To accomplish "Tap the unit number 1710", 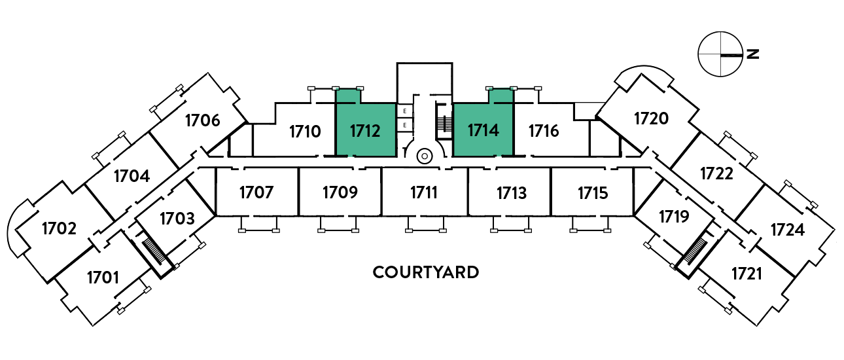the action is point(305,132).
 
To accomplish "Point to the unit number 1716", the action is point(543,131).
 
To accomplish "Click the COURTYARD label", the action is point(426,272).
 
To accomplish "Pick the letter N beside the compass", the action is point(753,54).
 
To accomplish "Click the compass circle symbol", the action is point(720,54).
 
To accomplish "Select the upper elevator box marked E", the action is point(405,111).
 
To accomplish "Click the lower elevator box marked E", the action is point(405,125).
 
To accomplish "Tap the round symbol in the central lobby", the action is point(425,156).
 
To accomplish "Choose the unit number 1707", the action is point(256,192).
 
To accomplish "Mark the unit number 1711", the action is point(424,192).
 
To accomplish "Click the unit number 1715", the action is point(593,193).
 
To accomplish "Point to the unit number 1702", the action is point(59,228).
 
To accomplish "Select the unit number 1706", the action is point(203,120).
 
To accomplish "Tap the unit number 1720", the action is point(652,118).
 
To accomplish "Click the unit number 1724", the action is point(788,230).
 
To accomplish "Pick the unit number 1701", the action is point(103,278).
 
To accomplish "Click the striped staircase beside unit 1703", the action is point(154,251).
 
